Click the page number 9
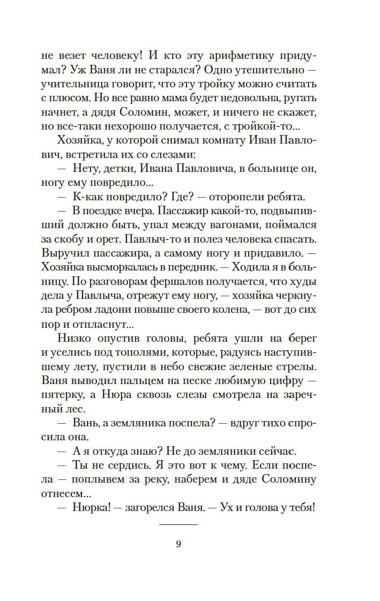point(178,544)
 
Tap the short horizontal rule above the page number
point(178,524)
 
